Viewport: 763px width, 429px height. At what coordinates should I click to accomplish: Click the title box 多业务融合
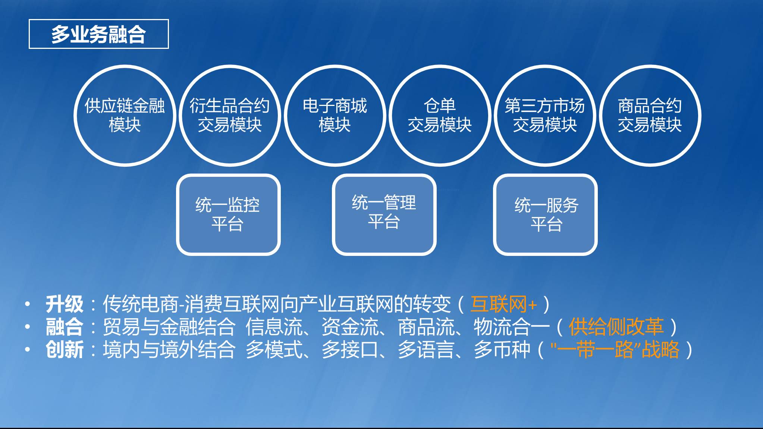tap(99, 34)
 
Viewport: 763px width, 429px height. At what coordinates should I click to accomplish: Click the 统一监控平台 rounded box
tap(228, 214)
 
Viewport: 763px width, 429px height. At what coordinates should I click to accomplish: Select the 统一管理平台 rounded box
tap(384, 214)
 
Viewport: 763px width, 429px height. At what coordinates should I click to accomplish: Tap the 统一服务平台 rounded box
tap(545, 214)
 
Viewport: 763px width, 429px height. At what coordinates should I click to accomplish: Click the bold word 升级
tap(65, 304)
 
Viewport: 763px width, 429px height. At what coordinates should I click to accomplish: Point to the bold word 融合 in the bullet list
tap(65, 327)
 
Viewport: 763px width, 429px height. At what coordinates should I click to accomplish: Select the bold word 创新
tap(65, 350)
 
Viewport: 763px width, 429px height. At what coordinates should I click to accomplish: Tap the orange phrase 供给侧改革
tap(616, 327)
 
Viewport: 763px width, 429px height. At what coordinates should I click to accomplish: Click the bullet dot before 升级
tap(27, 304)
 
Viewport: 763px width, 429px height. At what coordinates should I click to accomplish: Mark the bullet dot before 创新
tap(27, 350)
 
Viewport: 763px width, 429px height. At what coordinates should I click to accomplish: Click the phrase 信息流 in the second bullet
tap(274, 327)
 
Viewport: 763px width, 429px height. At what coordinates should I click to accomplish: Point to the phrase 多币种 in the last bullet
tap(502, 350)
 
